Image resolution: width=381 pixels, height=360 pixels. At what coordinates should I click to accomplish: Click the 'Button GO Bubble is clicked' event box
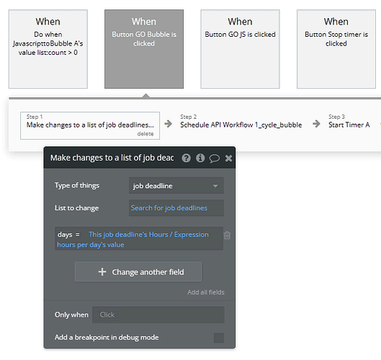point(144,49)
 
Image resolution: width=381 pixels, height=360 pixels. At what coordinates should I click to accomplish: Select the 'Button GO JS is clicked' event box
point(240,49)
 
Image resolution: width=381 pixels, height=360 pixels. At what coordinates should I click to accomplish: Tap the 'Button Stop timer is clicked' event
point(336,49)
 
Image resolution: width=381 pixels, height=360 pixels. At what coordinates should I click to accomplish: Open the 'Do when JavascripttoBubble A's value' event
point(48,49)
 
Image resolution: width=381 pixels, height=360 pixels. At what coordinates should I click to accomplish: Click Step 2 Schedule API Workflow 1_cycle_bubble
point(241,122)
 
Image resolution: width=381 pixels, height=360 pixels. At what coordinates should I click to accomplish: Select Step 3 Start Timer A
point(349,122)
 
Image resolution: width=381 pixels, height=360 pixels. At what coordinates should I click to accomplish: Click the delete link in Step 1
point(145,134)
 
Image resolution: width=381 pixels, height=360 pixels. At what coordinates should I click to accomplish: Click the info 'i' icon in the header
point(200,158)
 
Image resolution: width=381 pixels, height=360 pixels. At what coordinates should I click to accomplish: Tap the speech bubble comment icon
point(215,158)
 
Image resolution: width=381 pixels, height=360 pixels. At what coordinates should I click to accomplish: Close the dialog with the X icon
point(228,158)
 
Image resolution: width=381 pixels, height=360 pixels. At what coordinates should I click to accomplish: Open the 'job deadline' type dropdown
point(176,186)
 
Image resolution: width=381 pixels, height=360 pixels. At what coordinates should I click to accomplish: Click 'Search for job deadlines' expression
point(169,208)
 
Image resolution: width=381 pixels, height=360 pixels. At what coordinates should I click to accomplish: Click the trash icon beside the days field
point(227,235)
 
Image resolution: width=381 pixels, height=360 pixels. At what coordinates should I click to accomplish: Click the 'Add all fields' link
point(206,292)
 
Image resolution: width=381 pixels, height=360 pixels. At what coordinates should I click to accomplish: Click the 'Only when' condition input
point(158,315)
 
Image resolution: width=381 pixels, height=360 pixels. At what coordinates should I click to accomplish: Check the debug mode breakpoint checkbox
point(219,338)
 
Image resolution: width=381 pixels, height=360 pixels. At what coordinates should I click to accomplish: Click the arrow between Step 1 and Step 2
point(168,124)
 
